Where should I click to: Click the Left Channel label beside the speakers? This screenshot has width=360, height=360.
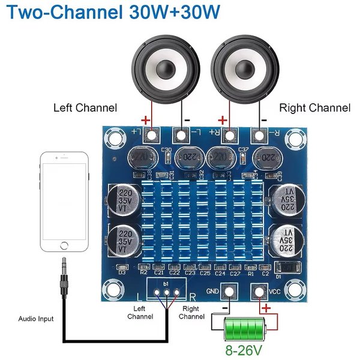tap(85, 108)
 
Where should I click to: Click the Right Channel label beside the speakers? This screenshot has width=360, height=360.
tap(315, 108)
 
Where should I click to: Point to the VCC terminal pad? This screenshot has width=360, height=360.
tap(259, 292)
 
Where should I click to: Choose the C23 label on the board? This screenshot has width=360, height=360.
tap(190, 273)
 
